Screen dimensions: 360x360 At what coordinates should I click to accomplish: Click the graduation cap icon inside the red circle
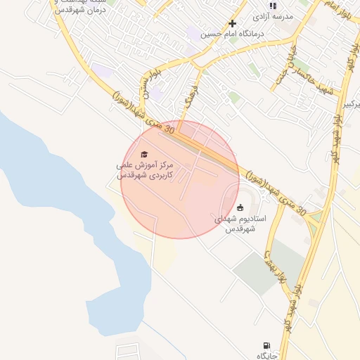[x=144, y=154]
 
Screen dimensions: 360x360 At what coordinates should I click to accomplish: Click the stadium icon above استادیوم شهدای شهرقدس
[x=240, y=207]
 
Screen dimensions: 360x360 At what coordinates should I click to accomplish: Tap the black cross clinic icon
[x=232, y=23]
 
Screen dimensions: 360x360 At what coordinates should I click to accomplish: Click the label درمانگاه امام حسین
[x=231, y=33]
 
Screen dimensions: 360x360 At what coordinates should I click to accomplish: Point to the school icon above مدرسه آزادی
[x=273, y=6]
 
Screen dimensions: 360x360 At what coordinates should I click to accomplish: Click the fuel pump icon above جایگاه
[x=266, y=345]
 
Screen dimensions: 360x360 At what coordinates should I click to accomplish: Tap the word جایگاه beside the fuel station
[x=266, y=355]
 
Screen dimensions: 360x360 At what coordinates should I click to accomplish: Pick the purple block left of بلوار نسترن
[x=102, y=71]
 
